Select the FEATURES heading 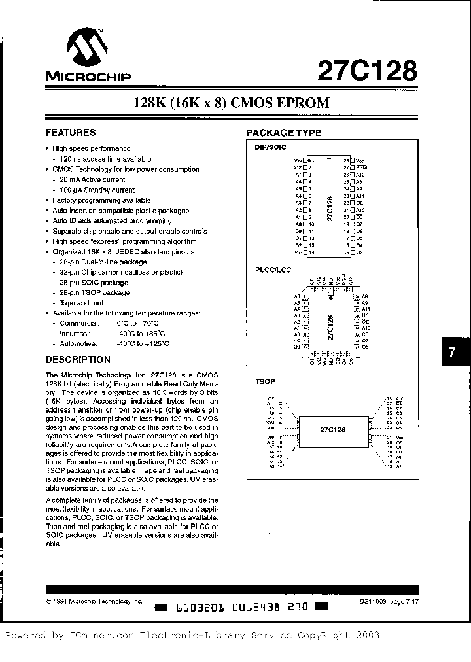[71, 132]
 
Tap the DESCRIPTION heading [78, 359]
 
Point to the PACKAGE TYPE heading [283, 133]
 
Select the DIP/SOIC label [270, 148]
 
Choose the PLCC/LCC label [271, 270]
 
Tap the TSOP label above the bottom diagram [264, 381]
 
